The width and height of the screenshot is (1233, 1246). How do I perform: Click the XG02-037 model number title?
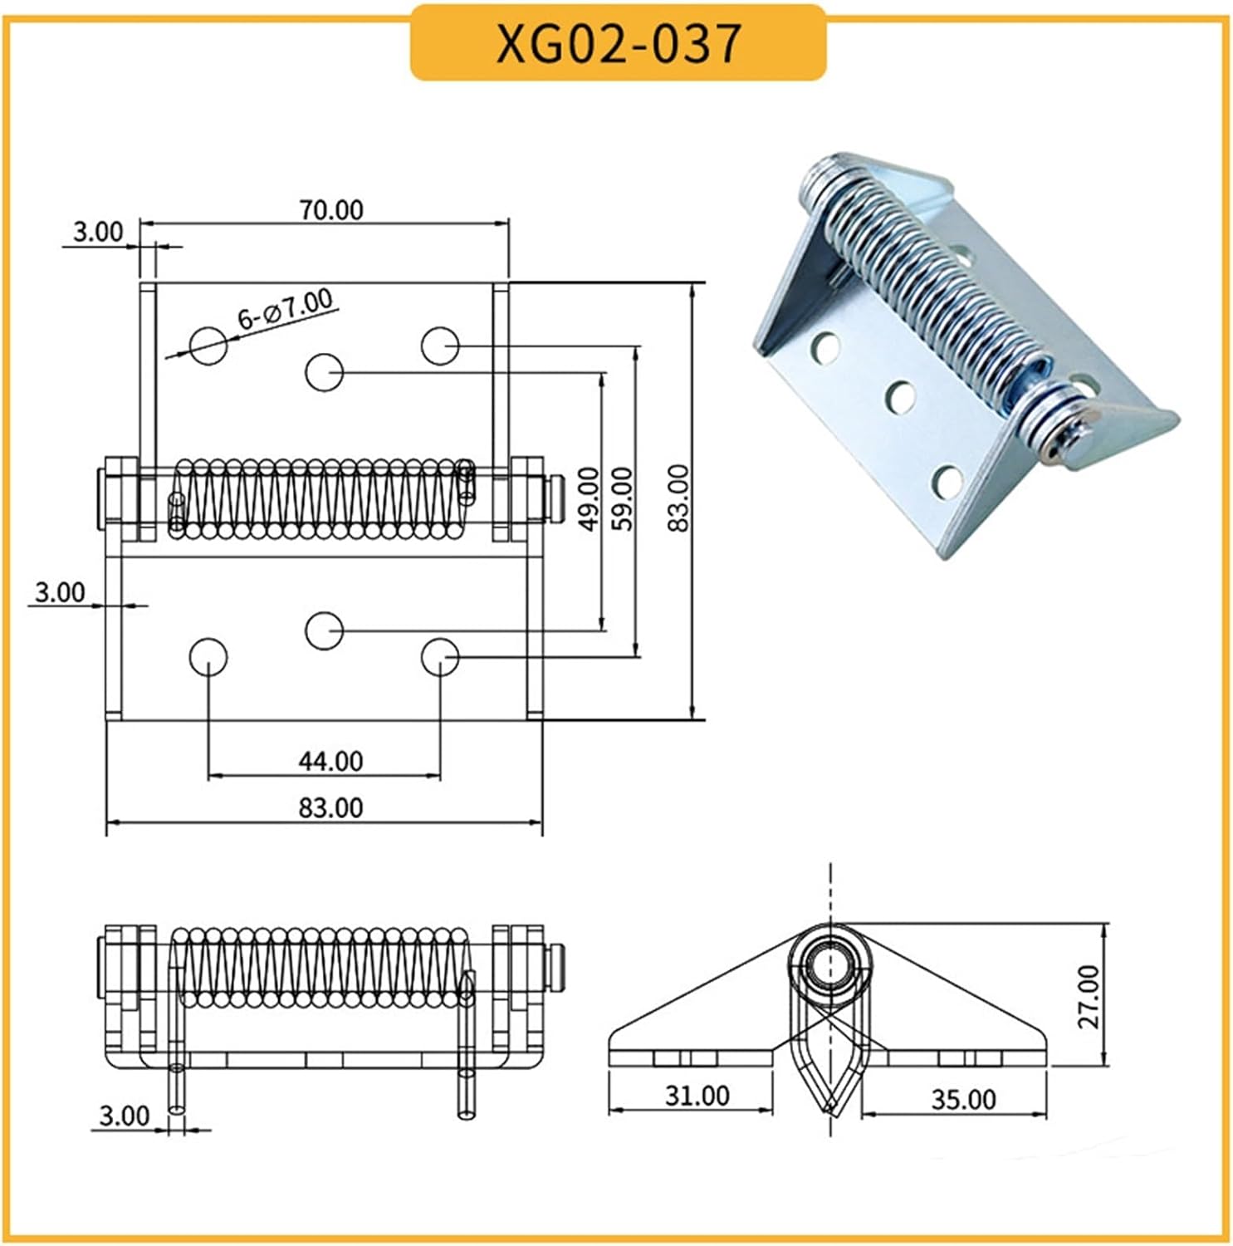pos(618,43)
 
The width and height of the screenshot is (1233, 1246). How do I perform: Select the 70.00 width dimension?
pos(330,210)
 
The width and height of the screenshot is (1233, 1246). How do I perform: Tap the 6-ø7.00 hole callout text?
pos(284,308)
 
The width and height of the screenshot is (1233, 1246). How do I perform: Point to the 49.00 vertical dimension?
pos(588,498)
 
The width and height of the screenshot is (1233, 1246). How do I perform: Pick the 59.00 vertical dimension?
pos(623,498)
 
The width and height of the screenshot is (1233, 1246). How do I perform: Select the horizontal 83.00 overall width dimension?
pos(330,807)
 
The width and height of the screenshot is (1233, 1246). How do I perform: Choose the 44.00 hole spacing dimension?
pos(330,761)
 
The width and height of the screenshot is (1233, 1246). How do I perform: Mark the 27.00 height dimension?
pos(1089,996)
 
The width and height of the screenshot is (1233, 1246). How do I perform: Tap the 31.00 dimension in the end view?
pos(697,1096)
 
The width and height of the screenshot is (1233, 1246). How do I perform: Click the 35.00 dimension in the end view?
pos(962,1099)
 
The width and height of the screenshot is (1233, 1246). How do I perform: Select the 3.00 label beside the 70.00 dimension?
pos(97,232)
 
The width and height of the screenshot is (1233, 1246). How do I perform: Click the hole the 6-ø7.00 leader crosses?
pos(208,345)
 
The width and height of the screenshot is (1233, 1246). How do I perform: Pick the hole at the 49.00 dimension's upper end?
pos(324,371)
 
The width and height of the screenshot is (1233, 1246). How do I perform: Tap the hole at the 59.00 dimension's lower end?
pos(439,657)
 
